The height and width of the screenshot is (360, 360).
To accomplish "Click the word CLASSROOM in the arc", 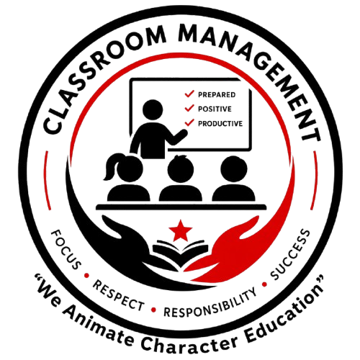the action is pyautogui.click(x=94, y=70).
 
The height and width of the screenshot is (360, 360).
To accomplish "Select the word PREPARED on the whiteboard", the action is pyautogui.click(x=217, y=95).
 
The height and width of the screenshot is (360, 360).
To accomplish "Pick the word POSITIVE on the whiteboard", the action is pyautogui.click(x=215, y=109).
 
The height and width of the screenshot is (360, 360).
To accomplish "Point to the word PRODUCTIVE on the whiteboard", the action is pyautogui.click(x=220, y=124).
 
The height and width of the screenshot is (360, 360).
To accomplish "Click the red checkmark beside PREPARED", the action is pyautogui.click(x=189, y=94).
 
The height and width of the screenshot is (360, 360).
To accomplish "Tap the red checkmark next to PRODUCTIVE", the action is pyautogui.click(x=189, y=122).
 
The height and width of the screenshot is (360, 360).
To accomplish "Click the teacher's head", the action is pyautogui.click(x=153, y=109).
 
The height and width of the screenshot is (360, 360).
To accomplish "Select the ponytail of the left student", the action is pyautogui.click(x=112, y=167).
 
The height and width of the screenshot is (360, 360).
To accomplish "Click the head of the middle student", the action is pyautogui.click(x=181, y=168).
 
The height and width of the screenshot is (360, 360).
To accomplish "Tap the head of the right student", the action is pyautogui.click(x=234, y=169).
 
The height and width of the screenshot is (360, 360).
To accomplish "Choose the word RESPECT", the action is pyautogui.click(x=119, y=296).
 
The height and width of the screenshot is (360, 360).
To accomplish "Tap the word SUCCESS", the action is pyautogui.click(x=290, y=254).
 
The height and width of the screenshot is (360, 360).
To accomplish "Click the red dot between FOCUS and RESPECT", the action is pyautogui.click(x=86, y=276).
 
